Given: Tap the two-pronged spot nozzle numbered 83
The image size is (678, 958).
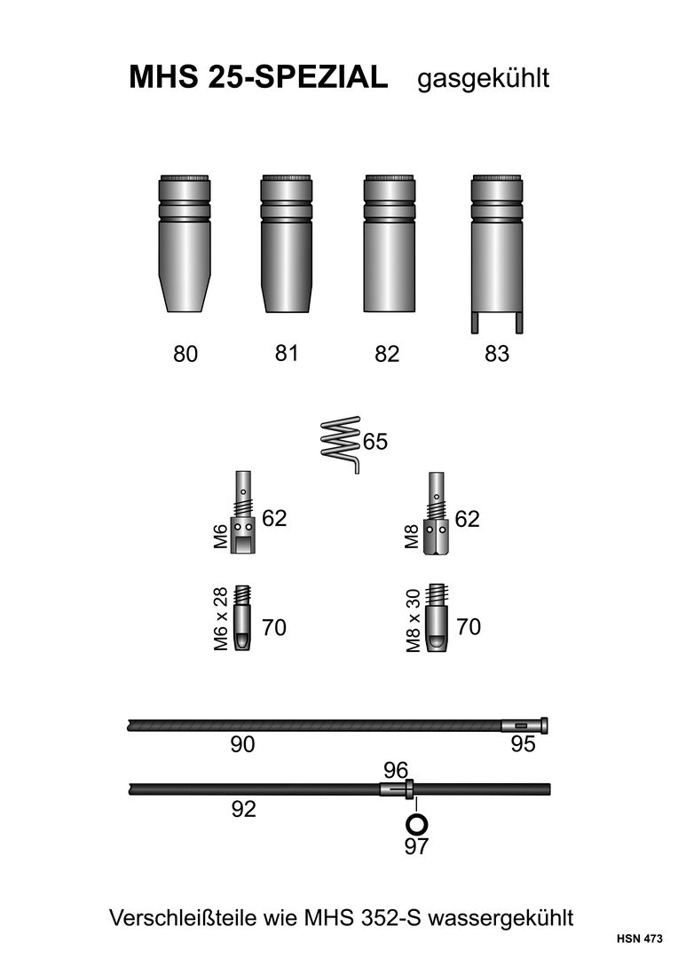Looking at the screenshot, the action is click(x=497, y=254).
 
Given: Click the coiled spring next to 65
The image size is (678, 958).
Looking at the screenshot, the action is click(x=341, y=443).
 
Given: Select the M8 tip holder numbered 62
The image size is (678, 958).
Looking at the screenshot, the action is click(x=436, y=513).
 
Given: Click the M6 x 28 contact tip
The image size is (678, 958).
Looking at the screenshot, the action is click(x=242, y=618).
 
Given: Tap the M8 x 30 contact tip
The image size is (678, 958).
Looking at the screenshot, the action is click(x=436, y=618).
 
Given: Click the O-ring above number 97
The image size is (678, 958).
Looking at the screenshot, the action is click(x=416, y=824).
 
